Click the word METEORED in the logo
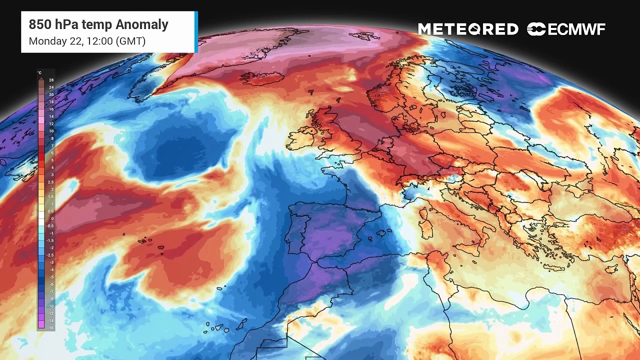pyautogui.click(x=468, y=29)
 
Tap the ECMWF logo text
pyautogui.click(x=576, y=29)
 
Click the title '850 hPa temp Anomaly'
pyautogui.click(x=98, y=24)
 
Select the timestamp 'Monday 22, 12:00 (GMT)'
pyautogui.click(x=87, y=41)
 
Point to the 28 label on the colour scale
pyautogui.click(x=51, y=80)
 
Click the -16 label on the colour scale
pyautogui.click(x=51, y=328)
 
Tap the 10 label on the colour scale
pyautogui.click(x=51, y=131)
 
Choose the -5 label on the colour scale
pyautogui.click(x=51, y=277)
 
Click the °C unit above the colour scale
pyautogui.click(x=39, y=73)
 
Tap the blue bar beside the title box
pyautogui.click(x=196, y=31)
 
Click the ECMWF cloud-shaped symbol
pyautogui.click(x=536, y=29)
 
